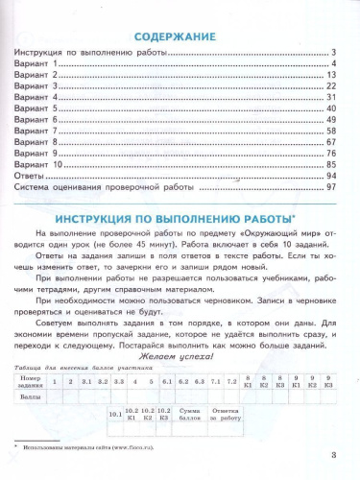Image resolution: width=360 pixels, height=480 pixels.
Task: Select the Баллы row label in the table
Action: click(x=34, y=397)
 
